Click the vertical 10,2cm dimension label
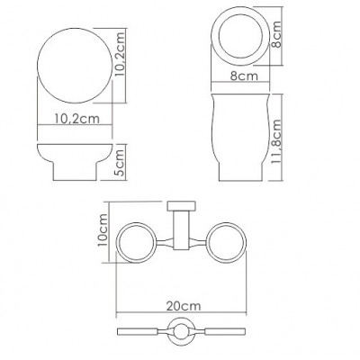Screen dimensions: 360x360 (x=120, y=53)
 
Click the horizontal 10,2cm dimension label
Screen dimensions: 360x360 (x=76, y=119)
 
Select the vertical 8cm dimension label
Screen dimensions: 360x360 (x=276, y=34)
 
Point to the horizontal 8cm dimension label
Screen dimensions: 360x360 (x=244, y=76)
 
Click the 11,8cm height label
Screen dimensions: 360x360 (x=276, y=141)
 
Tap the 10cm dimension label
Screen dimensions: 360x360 (x=103, y=229)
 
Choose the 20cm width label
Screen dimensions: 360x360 (x=184, y=306)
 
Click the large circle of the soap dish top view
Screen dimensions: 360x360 (x=37, y=66)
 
